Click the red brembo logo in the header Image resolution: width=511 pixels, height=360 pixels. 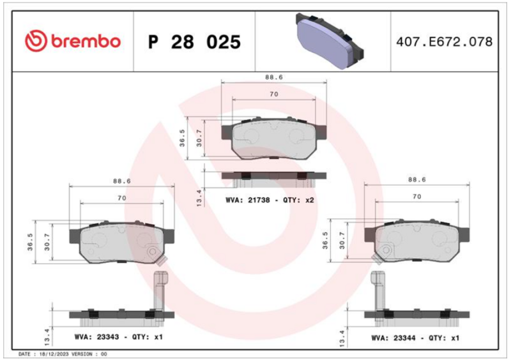(73, 41)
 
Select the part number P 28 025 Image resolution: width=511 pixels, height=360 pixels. (194, 42)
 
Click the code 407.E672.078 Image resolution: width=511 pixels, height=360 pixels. (444, 42)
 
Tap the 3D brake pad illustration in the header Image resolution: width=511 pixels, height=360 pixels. (330, 41)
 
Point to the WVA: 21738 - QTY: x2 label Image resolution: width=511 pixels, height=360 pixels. (270, 200)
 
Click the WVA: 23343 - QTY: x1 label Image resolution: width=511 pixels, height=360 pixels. (118, 337)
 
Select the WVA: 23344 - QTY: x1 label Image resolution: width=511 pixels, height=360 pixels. (415, 338)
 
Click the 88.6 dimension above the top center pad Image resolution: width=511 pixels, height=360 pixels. (274, 77)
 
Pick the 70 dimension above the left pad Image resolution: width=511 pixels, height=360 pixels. (122, 198)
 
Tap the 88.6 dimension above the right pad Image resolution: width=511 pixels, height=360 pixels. (417, 179)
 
